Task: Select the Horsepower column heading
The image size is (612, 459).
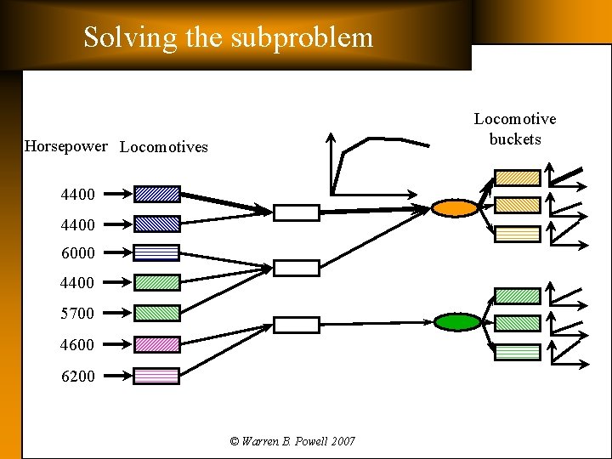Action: pyautogui.click(x=66, y=146)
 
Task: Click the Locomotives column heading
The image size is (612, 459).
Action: pyautogui.click(x=164, y=147)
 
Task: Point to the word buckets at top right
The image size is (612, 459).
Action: pyautogui.click(x=514, y=139)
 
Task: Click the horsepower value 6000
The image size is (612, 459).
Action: pyautogui.click(x=78, y=253)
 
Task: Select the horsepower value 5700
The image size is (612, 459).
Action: pyautogui.click(x=78, y=314)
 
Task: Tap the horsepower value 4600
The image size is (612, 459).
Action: pyautogui.click(x=78, y=345)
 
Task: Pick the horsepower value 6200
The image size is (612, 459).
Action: pyautogui.click(x=78, y=377)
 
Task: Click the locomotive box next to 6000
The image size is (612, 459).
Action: pyautogui.click(x=156, y=252)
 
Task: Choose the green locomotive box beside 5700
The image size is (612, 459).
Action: pyautogui.click(x=156, y=313)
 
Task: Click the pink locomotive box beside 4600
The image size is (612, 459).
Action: pyautogui.click(x=156, y=344)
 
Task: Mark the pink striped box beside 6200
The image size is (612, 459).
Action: pyautogui.click(x=156, y=376)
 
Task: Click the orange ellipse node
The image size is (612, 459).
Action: pyautogui.click(x=455, y=207)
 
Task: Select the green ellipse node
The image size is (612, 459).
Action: pyautogui.click(x=457, y=321)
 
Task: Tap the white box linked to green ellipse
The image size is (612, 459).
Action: pyautogui.click(x=296, y=325)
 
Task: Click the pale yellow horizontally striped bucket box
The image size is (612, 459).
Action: pyautogui.click(x=517, y=234)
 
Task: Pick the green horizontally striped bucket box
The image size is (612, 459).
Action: pyautogui.click(x=517, y=352)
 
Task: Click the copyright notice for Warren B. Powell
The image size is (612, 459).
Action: pyautogui.click(x=292, y=441)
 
